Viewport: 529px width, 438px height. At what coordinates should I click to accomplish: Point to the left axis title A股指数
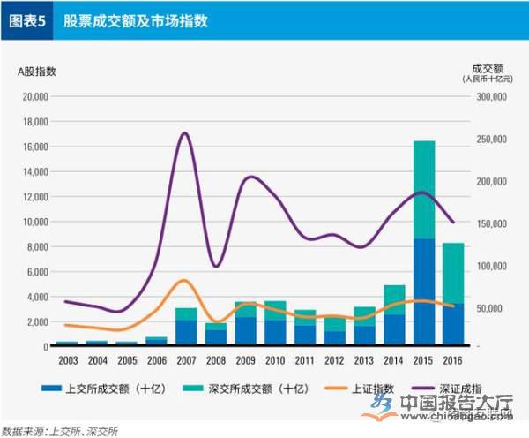37,71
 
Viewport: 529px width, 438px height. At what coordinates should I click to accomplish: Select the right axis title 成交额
486,67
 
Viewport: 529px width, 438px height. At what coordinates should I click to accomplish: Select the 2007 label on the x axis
185,360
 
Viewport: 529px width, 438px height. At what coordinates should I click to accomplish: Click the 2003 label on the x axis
67,360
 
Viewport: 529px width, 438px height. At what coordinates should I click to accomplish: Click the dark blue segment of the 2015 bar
424,291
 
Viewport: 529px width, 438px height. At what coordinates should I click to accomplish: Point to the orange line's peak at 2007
183,280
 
